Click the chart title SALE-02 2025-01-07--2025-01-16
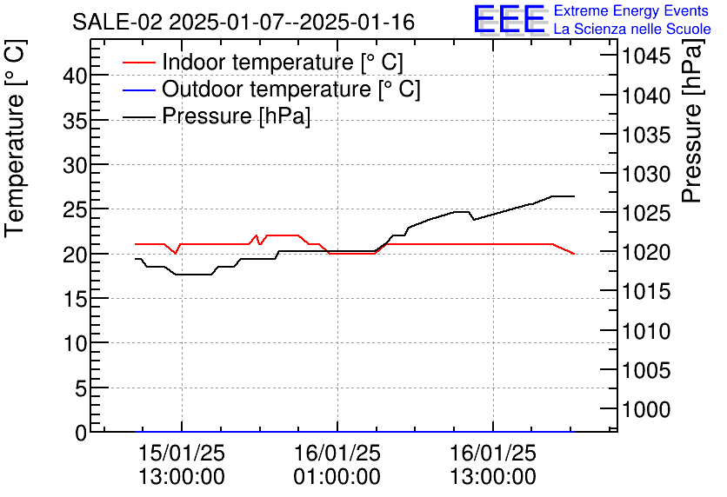[x=243, y=22]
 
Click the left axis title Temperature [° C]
[x=16, y=155]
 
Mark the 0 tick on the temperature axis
[x=81, y=433]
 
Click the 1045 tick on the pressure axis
[x=645, y=57]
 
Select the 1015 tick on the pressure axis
[x=645, y=292]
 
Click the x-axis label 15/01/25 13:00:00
[x=182, y=465]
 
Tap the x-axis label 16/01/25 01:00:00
[x=337, y=465]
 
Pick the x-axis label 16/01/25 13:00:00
[x=492, y=465]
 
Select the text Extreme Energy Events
[x=630, y=11]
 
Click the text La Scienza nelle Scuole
[x=632, y=29]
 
